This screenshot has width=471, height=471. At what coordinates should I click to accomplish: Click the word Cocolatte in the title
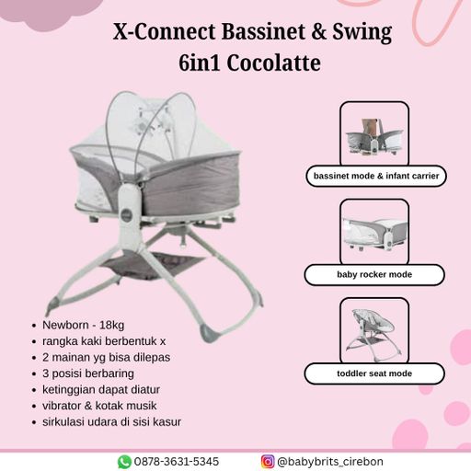tap(274, 63)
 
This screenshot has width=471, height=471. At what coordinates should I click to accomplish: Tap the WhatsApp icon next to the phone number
tap(124, 462)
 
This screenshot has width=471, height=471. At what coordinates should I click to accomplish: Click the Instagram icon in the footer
tap(268, 462)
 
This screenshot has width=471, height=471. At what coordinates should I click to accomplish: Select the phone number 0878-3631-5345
tap(177, 462)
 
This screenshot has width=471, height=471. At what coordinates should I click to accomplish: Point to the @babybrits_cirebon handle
tap(330, 462)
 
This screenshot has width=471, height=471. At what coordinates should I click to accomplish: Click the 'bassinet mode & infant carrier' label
tap(376, 176)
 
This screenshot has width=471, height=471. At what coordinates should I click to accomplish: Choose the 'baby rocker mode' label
tap(374, 274)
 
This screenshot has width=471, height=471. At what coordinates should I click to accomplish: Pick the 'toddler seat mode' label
tap(374, 373)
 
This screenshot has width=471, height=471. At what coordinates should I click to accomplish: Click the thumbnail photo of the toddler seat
tap(374, 330)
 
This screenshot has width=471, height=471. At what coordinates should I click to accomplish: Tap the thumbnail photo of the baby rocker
tap(374, 232)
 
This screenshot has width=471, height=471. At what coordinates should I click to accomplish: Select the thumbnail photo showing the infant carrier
tap(374, 134)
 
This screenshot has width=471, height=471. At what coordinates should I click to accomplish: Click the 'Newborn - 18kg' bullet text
tap(83, 325)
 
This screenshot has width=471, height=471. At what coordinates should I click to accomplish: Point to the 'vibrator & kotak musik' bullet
tap(99, 406)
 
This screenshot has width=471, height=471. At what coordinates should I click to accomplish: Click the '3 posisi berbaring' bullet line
tap(88, 373)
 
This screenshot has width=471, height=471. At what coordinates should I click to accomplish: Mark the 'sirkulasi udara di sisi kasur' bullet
tap(111, 422)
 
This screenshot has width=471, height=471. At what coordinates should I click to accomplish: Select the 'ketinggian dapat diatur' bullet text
tap(101, 390)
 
